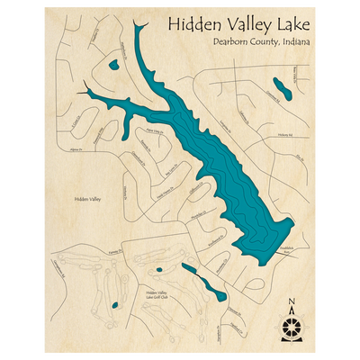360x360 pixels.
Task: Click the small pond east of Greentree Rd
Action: click(x=281, y=88)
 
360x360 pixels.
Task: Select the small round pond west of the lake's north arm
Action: click(x=113, y=65)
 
